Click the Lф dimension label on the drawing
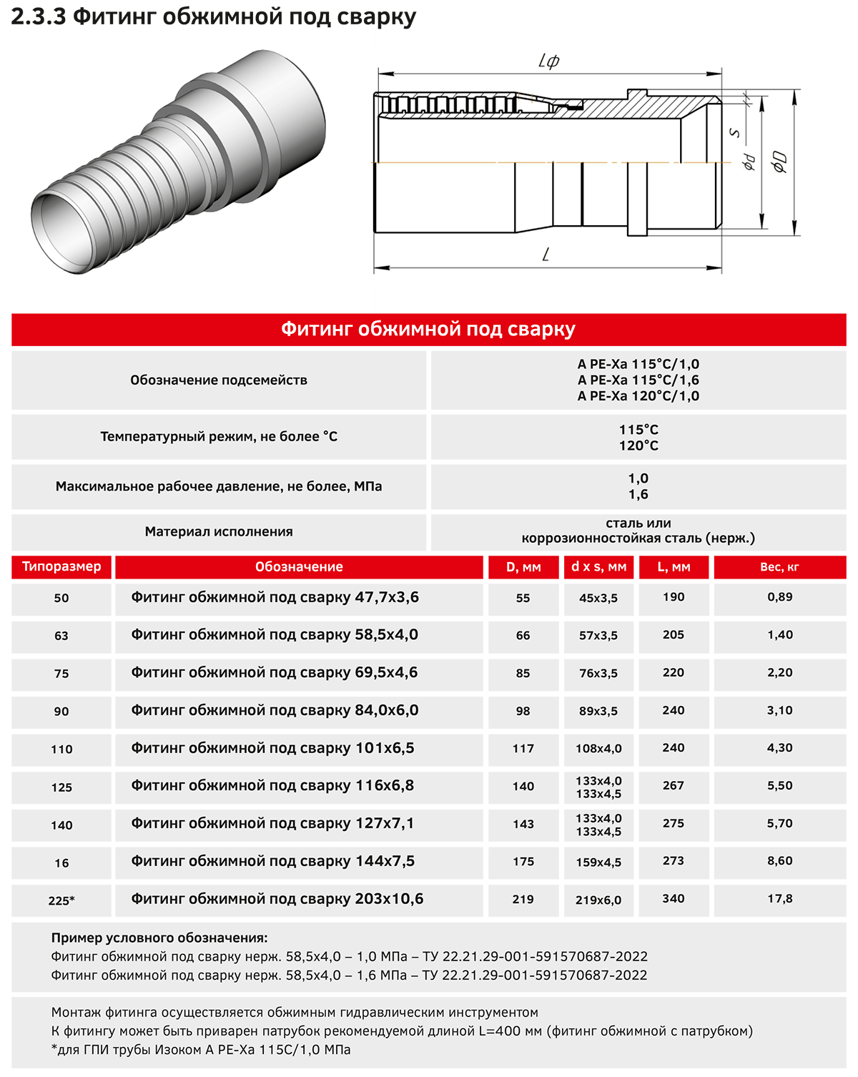[x=548, y=62]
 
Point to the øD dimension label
[x=779, y=162]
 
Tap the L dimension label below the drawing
[x=546, y=255]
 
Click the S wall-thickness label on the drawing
[x=734, y=132]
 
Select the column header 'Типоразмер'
[x=61, y=566]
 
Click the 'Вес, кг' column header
[x=779, y=567]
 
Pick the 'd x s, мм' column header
[x=598, y=567]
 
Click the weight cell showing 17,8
[x=779, y=899]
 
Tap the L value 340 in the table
[x=674, y=899]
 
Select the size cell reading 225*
[x=61, y=900]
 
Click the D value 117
[x=523, y=749]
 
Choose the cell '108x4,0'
[x=598, y=749]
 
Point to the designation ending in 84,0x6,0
[x=275, y=711]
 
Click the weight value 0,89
[x=779, y=597]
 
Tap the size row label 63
[x=61, y=636]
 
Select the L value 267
[x=674, y=786]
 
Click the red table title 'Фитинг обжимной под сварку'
[x=428, y=329]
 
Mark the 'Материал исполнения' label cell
[x=219, y=531]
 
